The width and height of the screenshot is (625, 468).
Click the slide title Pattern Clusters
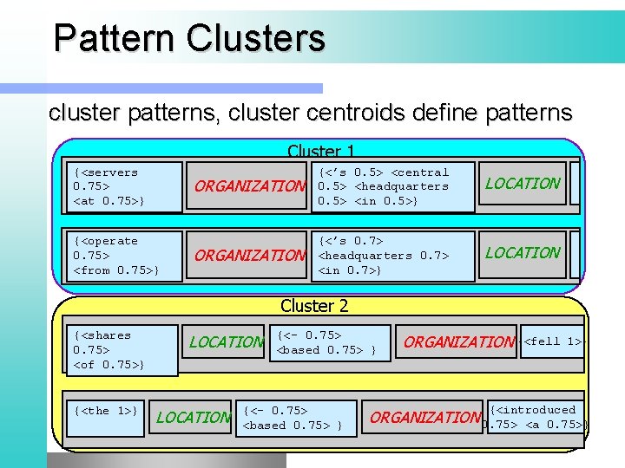click(x=188, y=38)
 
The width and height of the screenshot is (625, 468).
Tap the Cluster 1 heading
click(x=320, y=151)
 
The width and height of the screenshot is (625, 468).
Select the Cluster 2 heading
click(x=314, y=305)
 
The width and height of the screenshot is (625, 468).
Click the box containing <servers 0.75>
click(x=125, y=186)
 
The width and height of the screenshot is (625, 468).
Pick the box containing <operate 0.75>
click(x=125, y=256)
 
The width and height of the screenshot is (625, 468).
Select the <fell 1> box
click(x=553, y=341)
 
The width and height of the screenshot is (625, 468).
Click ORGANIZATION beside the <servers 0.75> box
click(x=250, y=186)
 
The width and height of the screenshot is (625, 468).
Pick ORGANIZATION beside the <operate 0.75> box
click(x=250, y=256)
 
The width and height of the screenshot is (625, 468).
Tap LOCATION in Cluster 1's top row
click(x=523, y=183)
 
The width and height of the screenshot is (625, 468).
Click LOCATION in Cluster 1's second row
click(x=523, y=252)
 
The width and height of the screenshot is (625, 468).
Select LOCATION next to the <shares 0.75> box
click(x=226, y=341)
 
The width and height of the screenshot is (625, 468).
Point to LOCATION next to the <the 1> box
click(x=194, y=417)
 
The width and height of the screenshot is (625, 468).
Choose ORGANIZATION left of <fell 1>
click(x=459, y=341)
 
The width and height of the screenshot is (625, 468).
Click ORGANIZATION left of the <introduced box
click(x=425, y=417)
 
